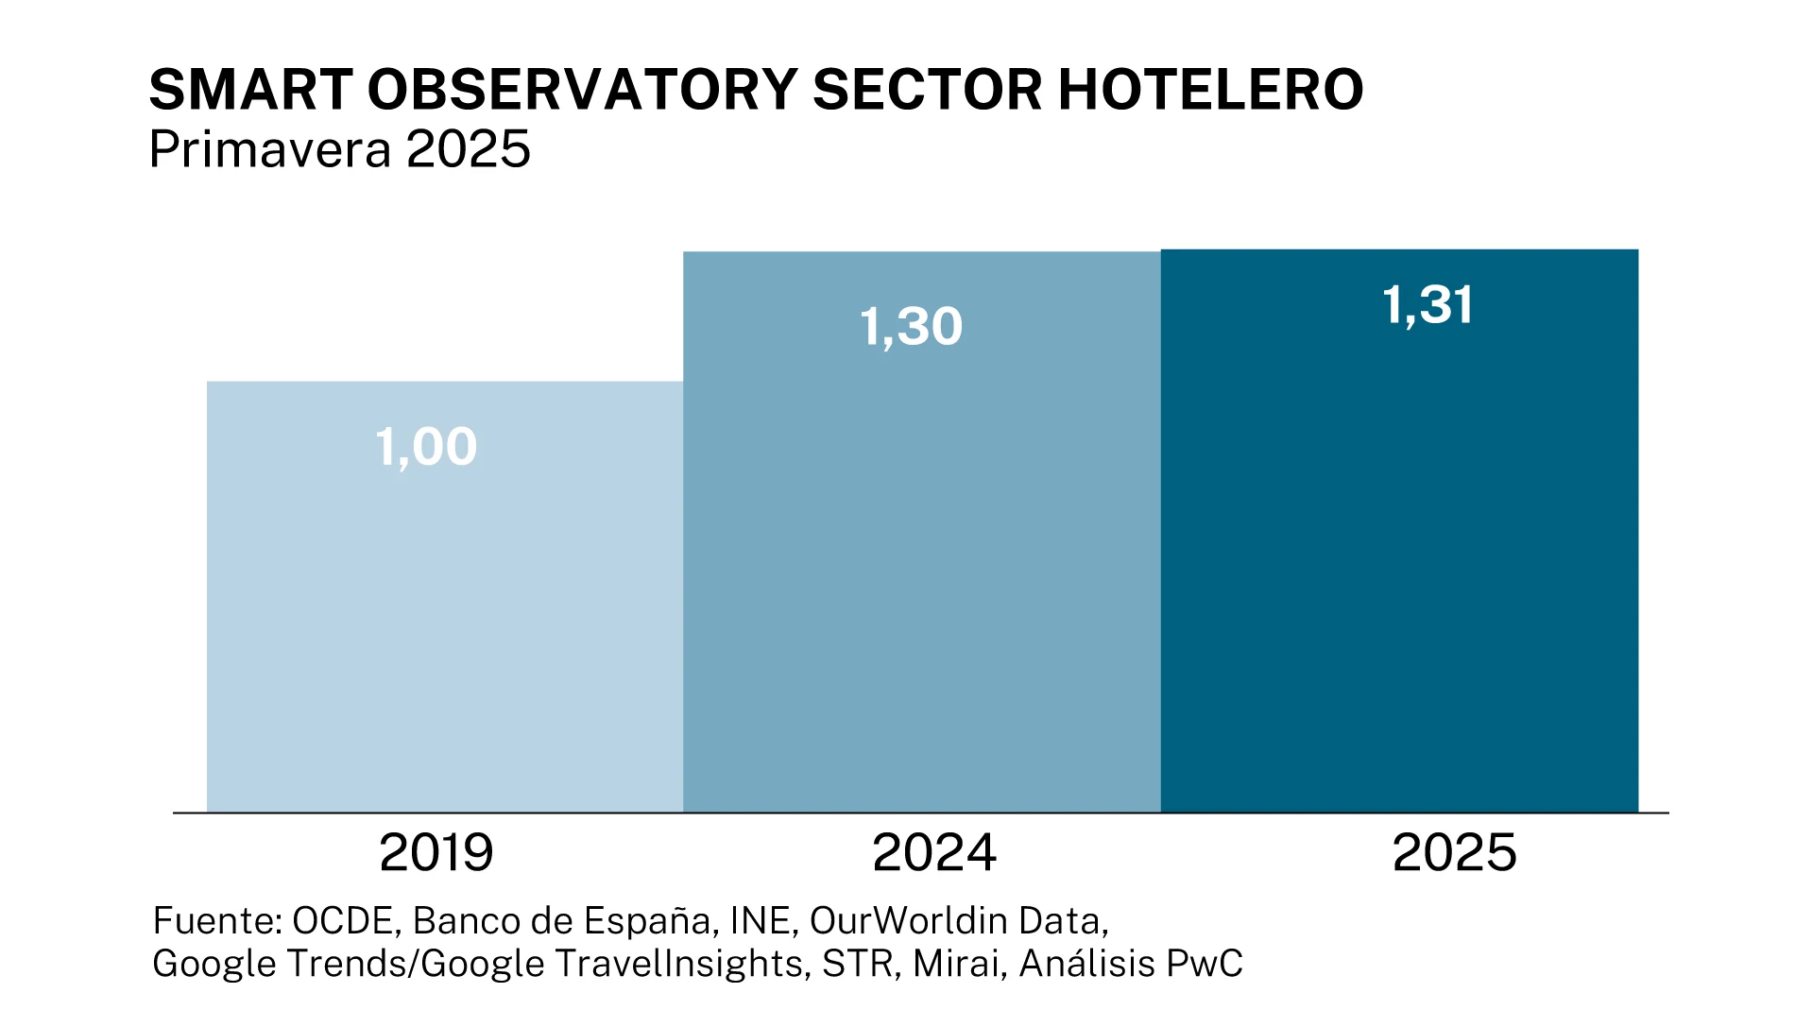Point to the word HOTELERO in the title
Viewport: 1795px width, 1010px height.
(x=1210, y=91)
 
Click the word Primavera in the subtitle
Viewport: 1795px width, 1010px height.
(x=270, y=149)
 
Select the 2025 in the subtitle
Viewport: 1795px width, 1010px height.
(x=469, y=149)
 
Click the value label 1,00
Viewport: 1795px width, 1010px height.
(x=426, y=447)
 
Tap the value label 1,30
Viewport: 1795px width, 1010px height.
(x=911, y=327)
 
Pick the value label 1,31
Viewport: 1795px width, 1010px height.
(x=1427, y=305)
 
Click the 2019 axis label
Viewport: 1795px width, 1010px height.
(x=436, y=852)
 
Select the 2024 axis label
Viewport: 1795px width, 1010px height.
(x=933, y=852)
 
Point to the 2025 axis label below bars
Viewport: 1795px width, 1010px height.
(x=1454, y=852)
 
